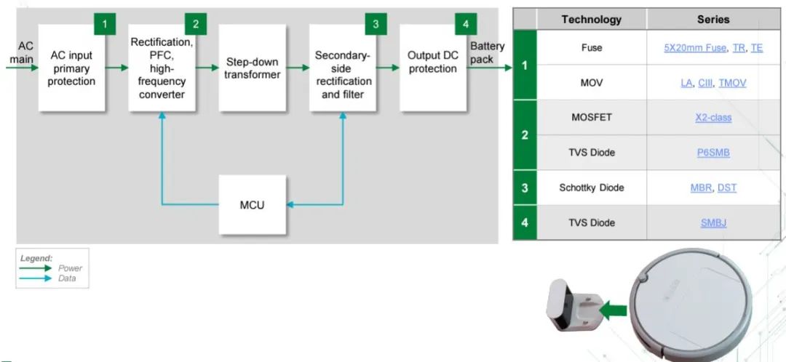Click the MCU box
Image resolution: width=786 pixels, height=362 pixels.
click(x=253, y=204)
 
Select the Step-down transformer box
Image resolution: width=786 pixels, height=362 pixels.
click(x=253, y=68)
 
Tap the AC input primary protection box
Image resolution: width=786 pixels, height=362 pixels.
click(x=71, y=68)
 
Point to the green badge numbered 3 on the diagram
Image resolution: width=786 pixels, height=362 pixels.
click(x=376, y=24)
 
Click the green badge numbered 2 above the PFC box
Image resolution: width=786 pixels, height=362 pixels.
click(x=195, y=24)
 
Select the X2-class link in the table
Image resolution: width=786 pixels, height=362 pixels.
click(x=712, y=117)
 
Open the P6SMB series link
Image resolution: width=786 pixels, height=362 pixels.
click(x=712, y=153)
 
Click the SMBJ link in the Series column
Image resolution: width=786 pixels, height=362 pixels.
click(x=712, y=222)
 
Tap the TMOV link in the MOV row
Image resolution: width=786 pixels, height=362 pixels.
click(x=732, y=83)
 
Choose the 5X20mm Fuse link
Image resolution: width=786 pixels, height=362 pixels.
click(x=695, y=47)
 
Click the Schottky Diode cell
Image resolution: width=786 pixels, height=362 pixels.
click(x=592, y=188)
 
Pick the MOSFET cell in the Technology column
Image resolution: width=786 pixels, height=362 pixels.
click(x=592, y=117)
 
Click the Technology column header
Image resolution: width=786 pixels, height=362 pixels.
click(x=592, y=20)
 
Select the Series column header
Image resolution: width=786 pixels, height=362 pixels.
click(x=712, y=20)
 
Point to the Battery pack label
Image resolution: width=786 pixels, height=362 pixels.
click(x=487, y=53)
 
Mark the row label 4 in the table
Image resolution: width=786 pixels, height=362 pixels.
click(x=524, y=222)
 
